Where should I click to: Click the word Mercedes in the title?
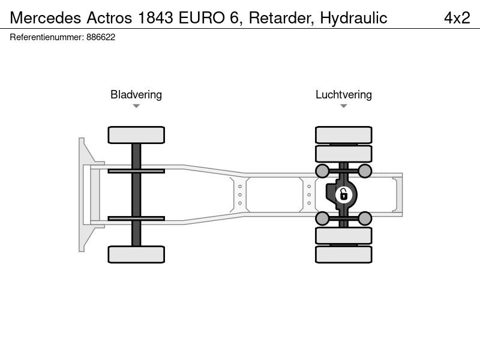click(46, 18)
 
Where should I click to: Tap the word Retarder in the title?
click(281, 18)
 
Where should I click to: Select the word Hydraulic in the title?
click(353, 18)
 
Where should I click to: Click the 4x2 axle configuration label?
click(457, 18)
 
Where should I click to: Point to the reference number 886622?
click(101, 37)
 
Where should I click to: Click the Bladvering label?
click(136, 95)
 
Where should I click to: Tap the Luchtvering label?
click(344, 95)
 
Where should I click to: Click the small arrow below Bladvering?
click(136, 106)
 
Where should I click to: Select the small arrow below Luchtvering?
click(343, 106)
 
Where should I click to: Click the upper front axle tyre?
click(136, 135)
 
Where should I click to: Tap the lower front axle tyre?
click(136, 254)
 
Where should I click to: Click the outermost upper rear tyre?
click(344, 135)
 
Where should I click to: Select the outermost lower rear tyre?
click(344, 254)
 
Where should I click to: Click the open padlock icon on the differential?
click(343, 194)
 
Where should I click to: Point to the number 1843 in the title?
click(155, 18)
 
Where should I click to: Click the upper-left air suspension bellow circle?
click(322, 171)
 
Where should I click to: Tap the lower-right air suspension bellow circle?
click(365, 218)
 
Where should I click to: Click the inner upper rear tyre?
click(344, 154)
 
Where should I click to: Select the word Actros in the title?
click(109, 18)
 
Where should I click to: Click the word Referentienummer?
click(47, 37)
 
